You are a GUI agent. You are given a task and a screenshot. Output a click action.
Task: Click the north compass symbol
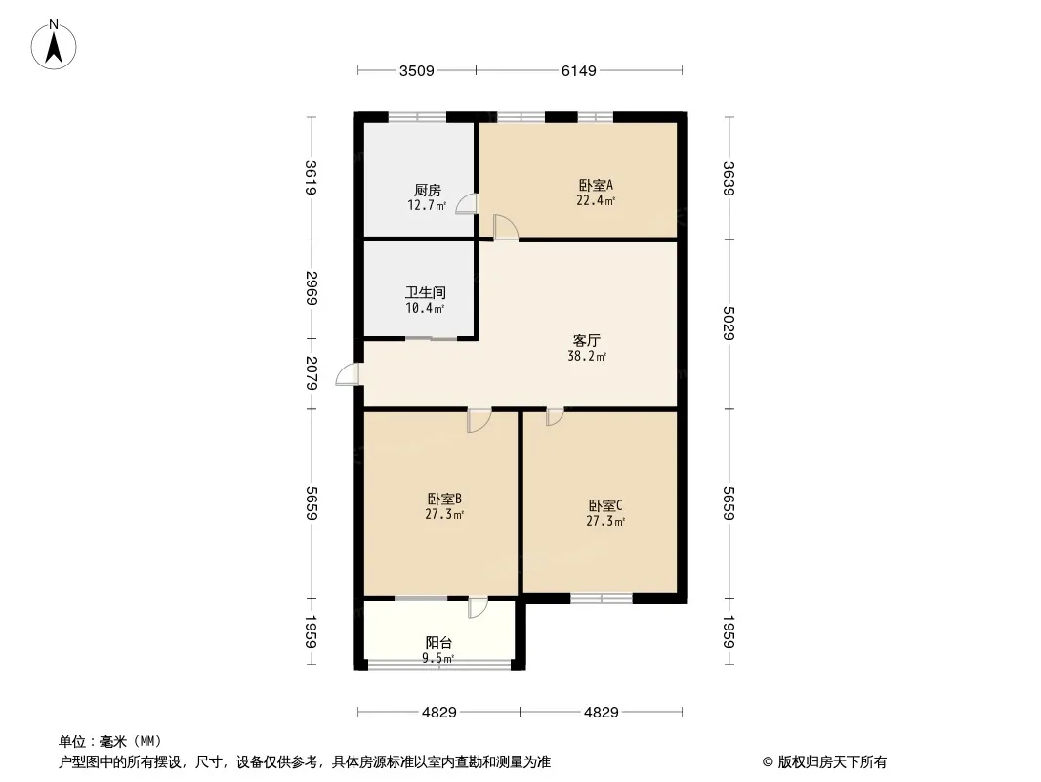57,44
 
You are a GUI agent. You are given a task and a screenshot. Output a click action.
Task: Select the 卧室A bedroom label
595,185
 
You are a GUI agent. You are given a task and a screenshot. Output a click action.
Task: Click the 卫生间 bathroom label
426,292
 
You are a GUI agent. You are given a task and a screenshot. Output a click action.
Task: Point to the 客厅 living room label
586,341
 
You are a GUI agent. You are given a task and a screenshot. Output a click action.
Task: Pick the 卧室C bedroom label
605,505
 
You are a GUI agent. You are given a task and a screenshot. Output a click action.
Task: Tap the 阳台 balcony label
438,642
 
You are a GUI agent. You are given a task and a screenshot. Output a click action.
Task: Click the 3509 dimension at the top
416,70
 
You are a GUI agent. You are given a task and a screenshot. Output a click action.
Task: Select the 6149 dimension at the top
578,70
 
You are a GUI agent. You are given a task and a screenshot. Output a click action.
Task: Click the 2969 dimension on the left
312,288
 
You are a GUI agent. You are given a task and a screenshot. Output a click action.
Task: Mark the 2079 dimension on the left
312,373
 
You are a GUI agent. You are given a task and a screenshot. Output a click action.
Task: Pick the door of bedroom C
554,417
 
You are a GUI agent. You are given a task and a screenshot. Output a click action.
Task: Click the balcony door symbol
477,607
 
